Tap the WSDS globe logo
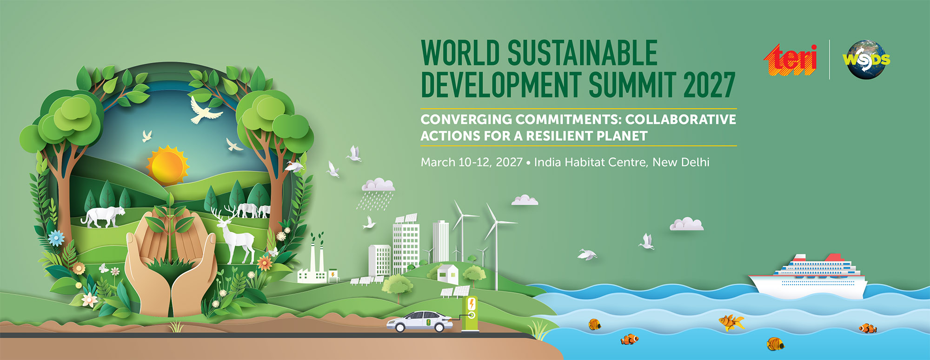pos(866,60)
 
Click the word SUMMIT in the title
pos(632,85)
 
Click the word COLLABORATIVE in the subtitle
pos(681,120)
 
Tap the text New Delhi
pos(681,162)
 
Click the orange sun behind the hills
pos(167,166)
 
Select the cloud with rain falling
pos(378,193)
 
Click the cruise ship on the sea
pos(808,276)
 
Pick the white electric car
pos(419,321)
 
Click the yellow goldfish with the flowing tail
pos(731,322)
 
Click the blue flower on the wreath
pos(56,238)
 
